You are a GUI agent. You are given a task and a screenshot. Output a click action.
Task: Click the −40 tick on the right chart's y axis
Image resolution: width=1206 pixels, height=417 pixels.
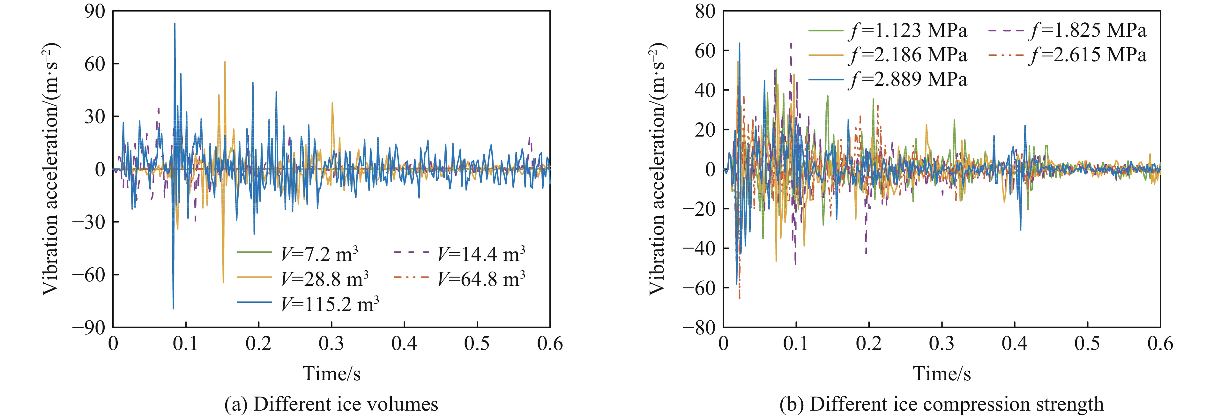tap(699, 248)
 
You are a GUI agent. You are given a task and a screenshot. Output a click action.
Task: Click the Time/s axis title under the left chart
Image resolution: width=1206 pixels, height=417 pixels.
tap(331, 374)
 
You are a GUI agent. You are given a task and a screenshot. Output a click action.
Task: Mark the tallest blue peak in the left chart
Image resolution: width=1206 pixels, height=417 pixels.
tap(175, 23)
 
